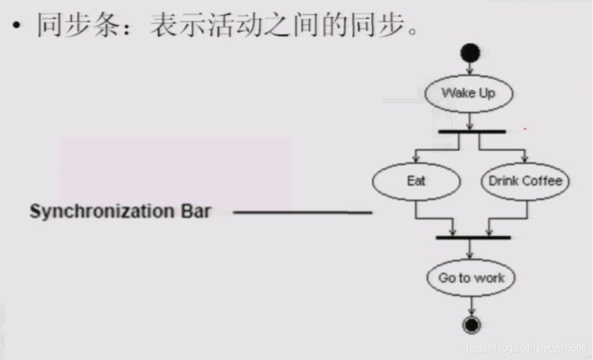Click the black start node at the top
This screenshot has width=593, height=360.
point(470,53)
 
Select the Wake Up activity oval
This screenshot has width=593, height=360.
point(469,93)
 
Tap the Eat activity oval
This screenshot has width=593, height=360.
point(416,181)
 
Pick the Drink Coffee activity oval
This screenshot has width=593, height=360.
point(525,181)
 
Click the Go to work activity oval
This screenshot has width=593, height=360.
point(471,277)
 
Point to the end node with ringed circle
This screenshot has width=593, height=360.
point(472,325)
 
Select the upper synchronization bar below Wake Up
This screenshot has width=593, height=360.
point(472,132)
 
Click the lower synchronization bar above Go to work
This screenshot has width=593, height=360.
point(473,237)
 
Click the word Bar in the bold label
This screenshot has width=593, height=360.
point(196,211)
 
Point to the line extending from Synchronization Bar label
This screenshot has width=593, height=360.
point(302,212)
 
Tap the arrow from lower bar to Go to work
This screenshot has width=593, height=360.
point(472,251)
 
